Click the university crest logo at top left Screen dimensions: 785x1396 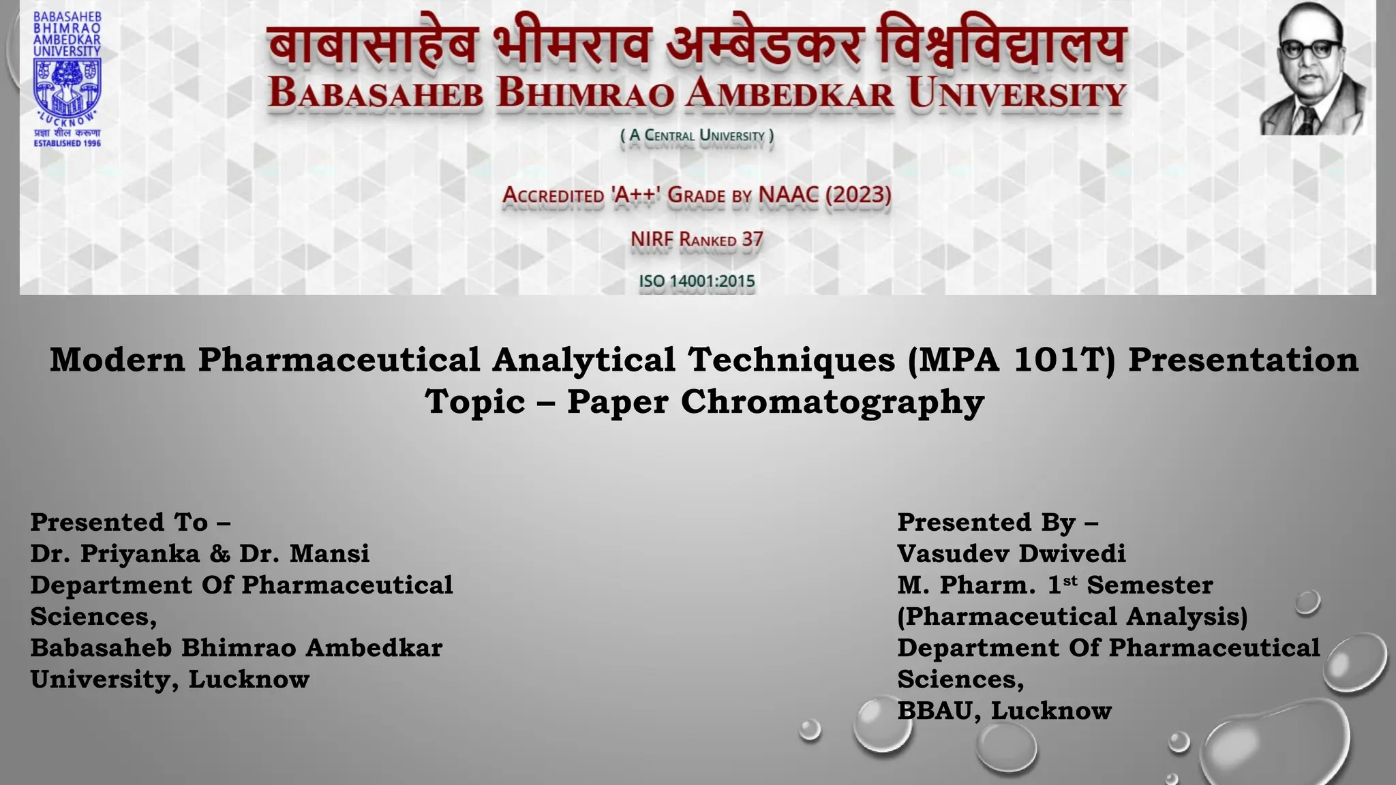coord(67,89)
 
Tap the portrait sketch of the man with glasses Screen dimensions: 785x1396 coord(1312,68)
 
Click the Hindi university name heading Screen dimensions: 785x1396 coord(696,46)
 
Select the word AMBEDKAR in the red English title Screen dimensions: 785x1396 coord(789,93)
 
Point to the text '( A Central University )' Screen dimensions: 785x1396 coord(697,136)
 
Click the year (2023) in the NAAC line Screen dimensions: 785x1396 coord(858,195)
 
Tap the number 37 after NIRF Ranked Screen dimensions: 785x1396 coord(753,240)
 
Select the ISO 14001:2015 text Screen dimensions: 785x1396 coord(697,281)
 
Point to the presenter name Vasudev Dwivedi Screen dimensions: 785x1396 coord(1012,553)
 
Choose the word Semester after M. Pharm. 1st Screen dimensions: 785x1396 coord(1150,585)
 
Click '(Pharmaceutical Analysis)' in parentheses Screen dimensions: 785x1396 coord(1072,616)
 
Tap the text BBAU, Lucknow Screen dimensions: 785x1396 coord(1004,710)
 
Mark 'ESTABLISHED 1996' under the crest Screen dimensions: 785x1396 coord(67,143)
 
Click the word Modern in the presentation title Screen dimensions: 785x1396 coord(117,360)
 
